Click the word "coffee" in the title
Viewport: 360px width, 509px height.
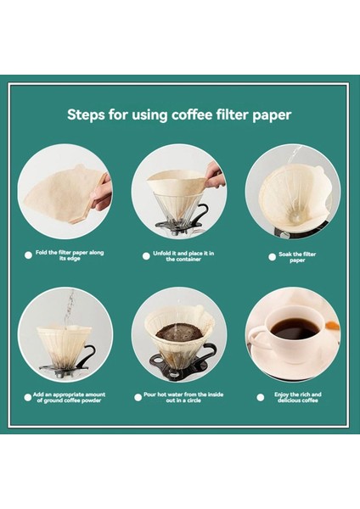tap(192, 115)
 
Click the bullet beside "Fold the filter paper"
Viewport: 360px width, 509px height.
tap(28, 255)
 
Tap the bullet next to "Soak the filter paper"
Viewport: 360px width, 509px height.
tap(273, 257)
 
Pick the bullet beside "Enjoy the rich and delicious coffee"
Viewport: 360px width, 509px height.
tap(261, 397)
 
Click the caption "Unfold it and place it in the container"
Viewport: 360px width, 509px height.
tap(183, 256)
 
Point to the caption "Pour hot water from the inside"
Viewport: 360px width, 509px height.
tap(183, 394)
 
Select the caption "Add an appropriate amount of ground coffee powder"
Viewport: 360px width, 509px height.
tap(69, 397)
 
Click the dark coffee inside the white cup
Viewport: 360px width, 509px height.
tap(295, 328)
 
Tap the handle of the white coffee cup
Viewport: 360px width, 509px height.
tap(257, 338)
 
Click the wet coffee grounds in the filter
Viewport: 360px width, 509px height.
tap(179, 332)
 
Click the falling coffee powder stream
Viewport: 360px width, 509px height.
tap(69, 309)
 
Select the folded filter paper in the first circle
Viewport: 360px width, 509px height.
tap(65, 195)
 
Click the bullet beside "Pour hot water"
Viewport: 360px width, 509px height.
tap(138, 397)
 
